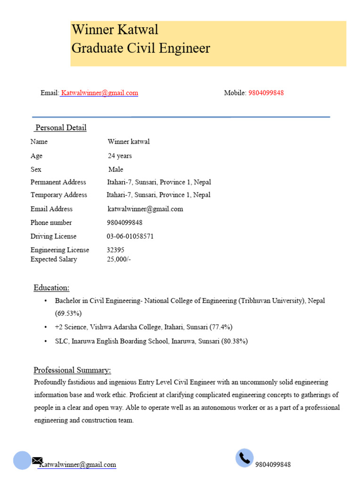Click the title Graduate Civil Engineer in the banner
[140, 49]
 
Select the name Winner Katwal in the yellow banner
[115, 30]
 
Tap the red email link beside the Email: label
[99, 93]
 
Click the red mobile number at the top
[266, 93]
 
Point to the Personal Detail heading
[61, 128]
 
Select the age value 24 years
[120, 156]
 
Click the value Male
[115, 169]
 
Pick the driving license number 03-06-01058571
[130, 236]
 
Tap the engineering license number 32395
[115, 250]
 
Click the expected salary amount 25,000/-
[119, 259]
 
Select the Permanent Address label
[58, 182]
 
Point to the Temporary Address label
[59, 195]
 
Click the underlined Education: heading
[51, 288]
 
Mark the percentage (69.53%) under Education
[68, 313]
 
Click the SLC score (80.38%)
[234, 341]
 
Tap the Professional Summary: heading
[72, 370]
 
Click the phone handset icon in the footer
[244, 458]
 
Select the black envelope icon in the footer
[37, 460]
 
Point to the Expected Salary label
[54, 259]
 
